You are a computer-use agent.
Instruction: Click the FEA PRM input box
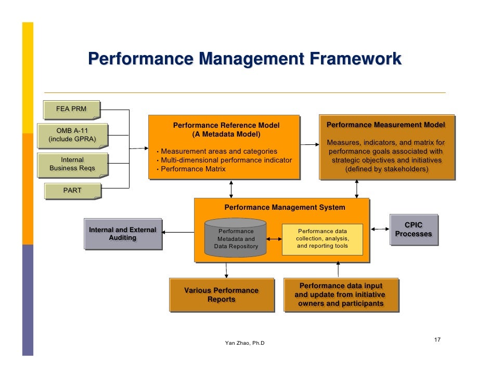coord(71,109)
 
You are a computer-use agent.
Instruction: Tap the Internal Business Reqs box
coord(72,164)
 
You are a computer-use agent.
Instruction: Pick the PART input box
coord(72,191)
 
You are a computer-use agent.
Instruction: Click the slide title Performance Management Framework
coord(244,59)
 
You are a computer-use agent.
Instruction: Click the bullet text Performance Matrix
coord(193,169)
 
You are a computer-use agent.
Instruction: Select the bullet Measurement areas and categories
coord(218,151)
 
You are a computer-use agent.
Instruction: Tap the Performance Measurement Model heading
coord(385,125)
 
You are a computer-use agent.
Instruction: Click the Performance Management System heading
coord(285,207)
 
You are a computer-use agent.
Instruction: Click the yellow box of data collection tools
coord(322,239)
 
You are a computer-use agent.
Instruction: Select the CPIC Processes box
coord(414,230)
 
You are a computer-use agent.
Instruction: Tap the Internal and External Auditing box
coord(122,234)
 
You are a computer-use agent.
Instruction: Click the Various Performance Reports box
coord(221,295)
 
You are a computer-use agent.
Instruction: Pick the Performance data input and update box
coord(341,295)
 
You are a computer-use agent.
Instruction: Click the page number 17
coord(437,340)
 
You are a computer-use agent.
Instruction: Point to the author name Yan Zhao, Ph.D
coord(244,343)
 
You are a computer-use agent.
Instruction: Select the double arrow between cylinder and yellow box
coord(274,239)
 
